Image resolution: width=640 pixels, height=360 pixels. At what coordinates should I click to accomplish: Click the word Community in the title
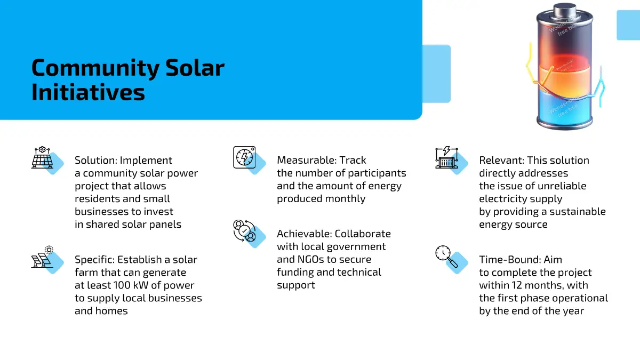[95, 69]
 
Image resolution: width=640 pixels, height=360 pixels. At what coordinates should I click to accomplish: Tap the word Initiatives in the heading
[88, 92]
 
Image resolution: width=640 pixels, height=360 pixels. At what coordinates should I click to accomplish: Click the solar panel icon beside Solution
[42, 157]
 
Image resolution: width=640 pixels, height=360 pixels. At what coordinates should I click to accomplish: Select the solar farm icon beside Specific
[42, 257]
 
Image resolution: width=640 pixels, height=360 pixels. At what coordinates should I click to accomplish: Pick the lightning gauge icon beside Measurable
[244, 157]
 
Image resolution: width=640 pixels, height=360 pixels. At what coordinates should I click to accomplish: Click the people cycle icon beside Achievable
[244, 231]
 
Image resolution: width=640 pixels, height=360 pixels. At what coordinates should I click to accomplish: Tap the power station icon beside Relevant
[446, 157]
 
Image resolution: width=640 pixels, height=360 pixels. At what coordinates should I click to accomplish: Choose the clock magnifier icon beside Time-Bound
[446, 257]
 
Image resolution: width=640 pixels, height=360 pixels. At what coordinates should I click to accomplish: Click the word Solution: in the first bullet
[95, 161]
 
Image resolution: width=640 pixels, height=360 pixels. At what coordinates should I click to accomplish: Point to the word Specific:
[94, 260]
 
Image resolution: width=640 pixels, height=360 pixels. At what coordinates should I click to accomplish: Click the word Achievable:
[305, 234]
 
